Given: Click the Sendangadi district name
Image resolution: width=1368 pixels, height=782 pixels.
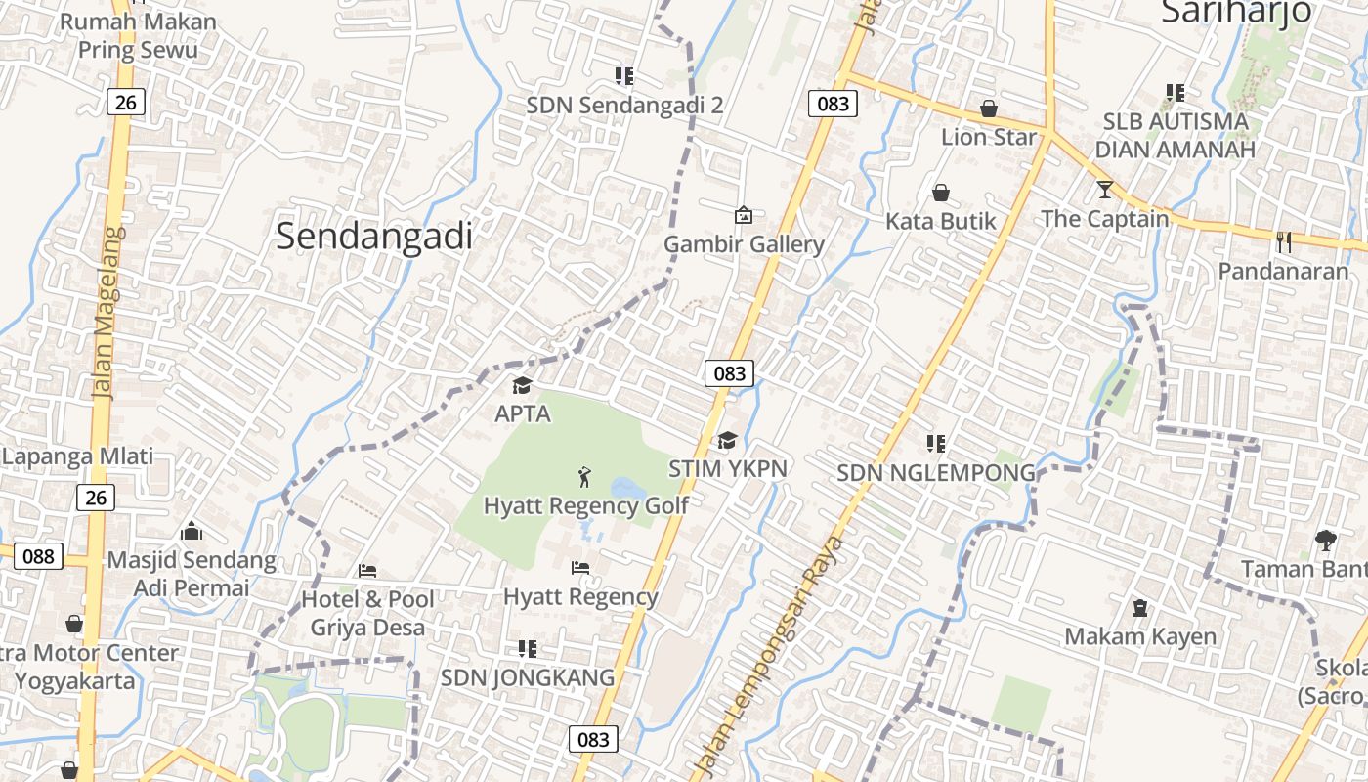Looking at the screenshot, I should click(x=374, y=236).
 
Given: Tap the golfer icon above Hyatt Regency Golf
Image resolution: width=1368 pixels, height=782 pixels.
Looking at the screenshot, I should click(x=584, y=477).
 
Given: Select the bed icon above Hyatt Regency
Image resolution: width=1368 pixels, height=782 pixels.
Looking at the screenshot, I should click(x=580, y=567).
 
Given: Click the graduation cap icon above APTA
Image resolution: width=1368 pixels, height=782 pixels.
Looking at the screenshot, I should click(x=522, y=386).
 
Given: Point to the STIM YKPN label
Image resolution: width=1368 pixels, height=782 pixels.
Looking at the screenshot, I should click(x=727, y=469).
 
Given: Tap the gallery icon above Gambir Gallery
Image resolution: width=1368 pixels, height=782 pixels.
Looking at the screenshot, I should click(x=744, y=215).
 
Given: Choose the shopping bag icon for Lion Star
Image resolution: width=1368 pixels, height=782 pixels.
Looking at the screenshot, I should click(x=989, y=109).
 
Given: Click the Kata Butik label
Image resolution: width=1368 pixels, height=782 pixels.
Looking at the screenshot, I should click(x=940, y=221).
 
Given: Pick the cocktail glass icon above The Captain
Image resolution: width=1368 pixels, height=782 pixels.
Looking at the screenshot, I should click(x=1105, y=189).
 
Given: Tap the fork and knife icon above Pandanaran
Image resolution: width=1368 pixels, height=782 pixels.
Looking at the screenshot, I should click(x=1284, y=241).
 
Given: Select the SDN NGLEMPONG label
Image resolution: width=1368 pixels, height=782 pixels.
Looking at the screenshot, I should click(x=935, y=473).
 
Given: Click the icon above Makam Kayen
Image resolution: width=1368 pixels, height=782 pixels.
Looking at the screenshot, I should click(x=1139, y=608).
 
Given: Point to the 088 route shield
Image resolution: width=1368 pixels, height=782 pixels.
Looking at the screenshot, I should click(x=38, y=556).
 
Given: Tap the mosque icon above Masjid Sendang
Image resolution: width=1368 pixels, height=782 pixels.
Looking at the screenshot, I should click(x=192, y=531).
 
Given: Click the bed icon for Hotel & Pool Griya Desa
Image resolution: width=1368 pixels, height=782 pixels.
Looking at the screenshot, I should click(x=367, y=571).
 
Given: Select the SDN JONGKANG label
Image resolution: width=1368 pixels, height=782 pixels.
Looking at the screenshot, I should click(x=528, y=677).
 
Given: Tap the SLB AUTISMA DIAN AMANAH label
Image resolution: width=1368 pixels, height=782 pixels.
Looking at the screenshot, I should click(x=1175, y=136).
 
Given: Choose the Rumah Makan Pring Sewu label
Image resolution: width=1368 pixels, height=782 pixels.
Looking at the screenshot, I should click(x=138, y=35).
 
